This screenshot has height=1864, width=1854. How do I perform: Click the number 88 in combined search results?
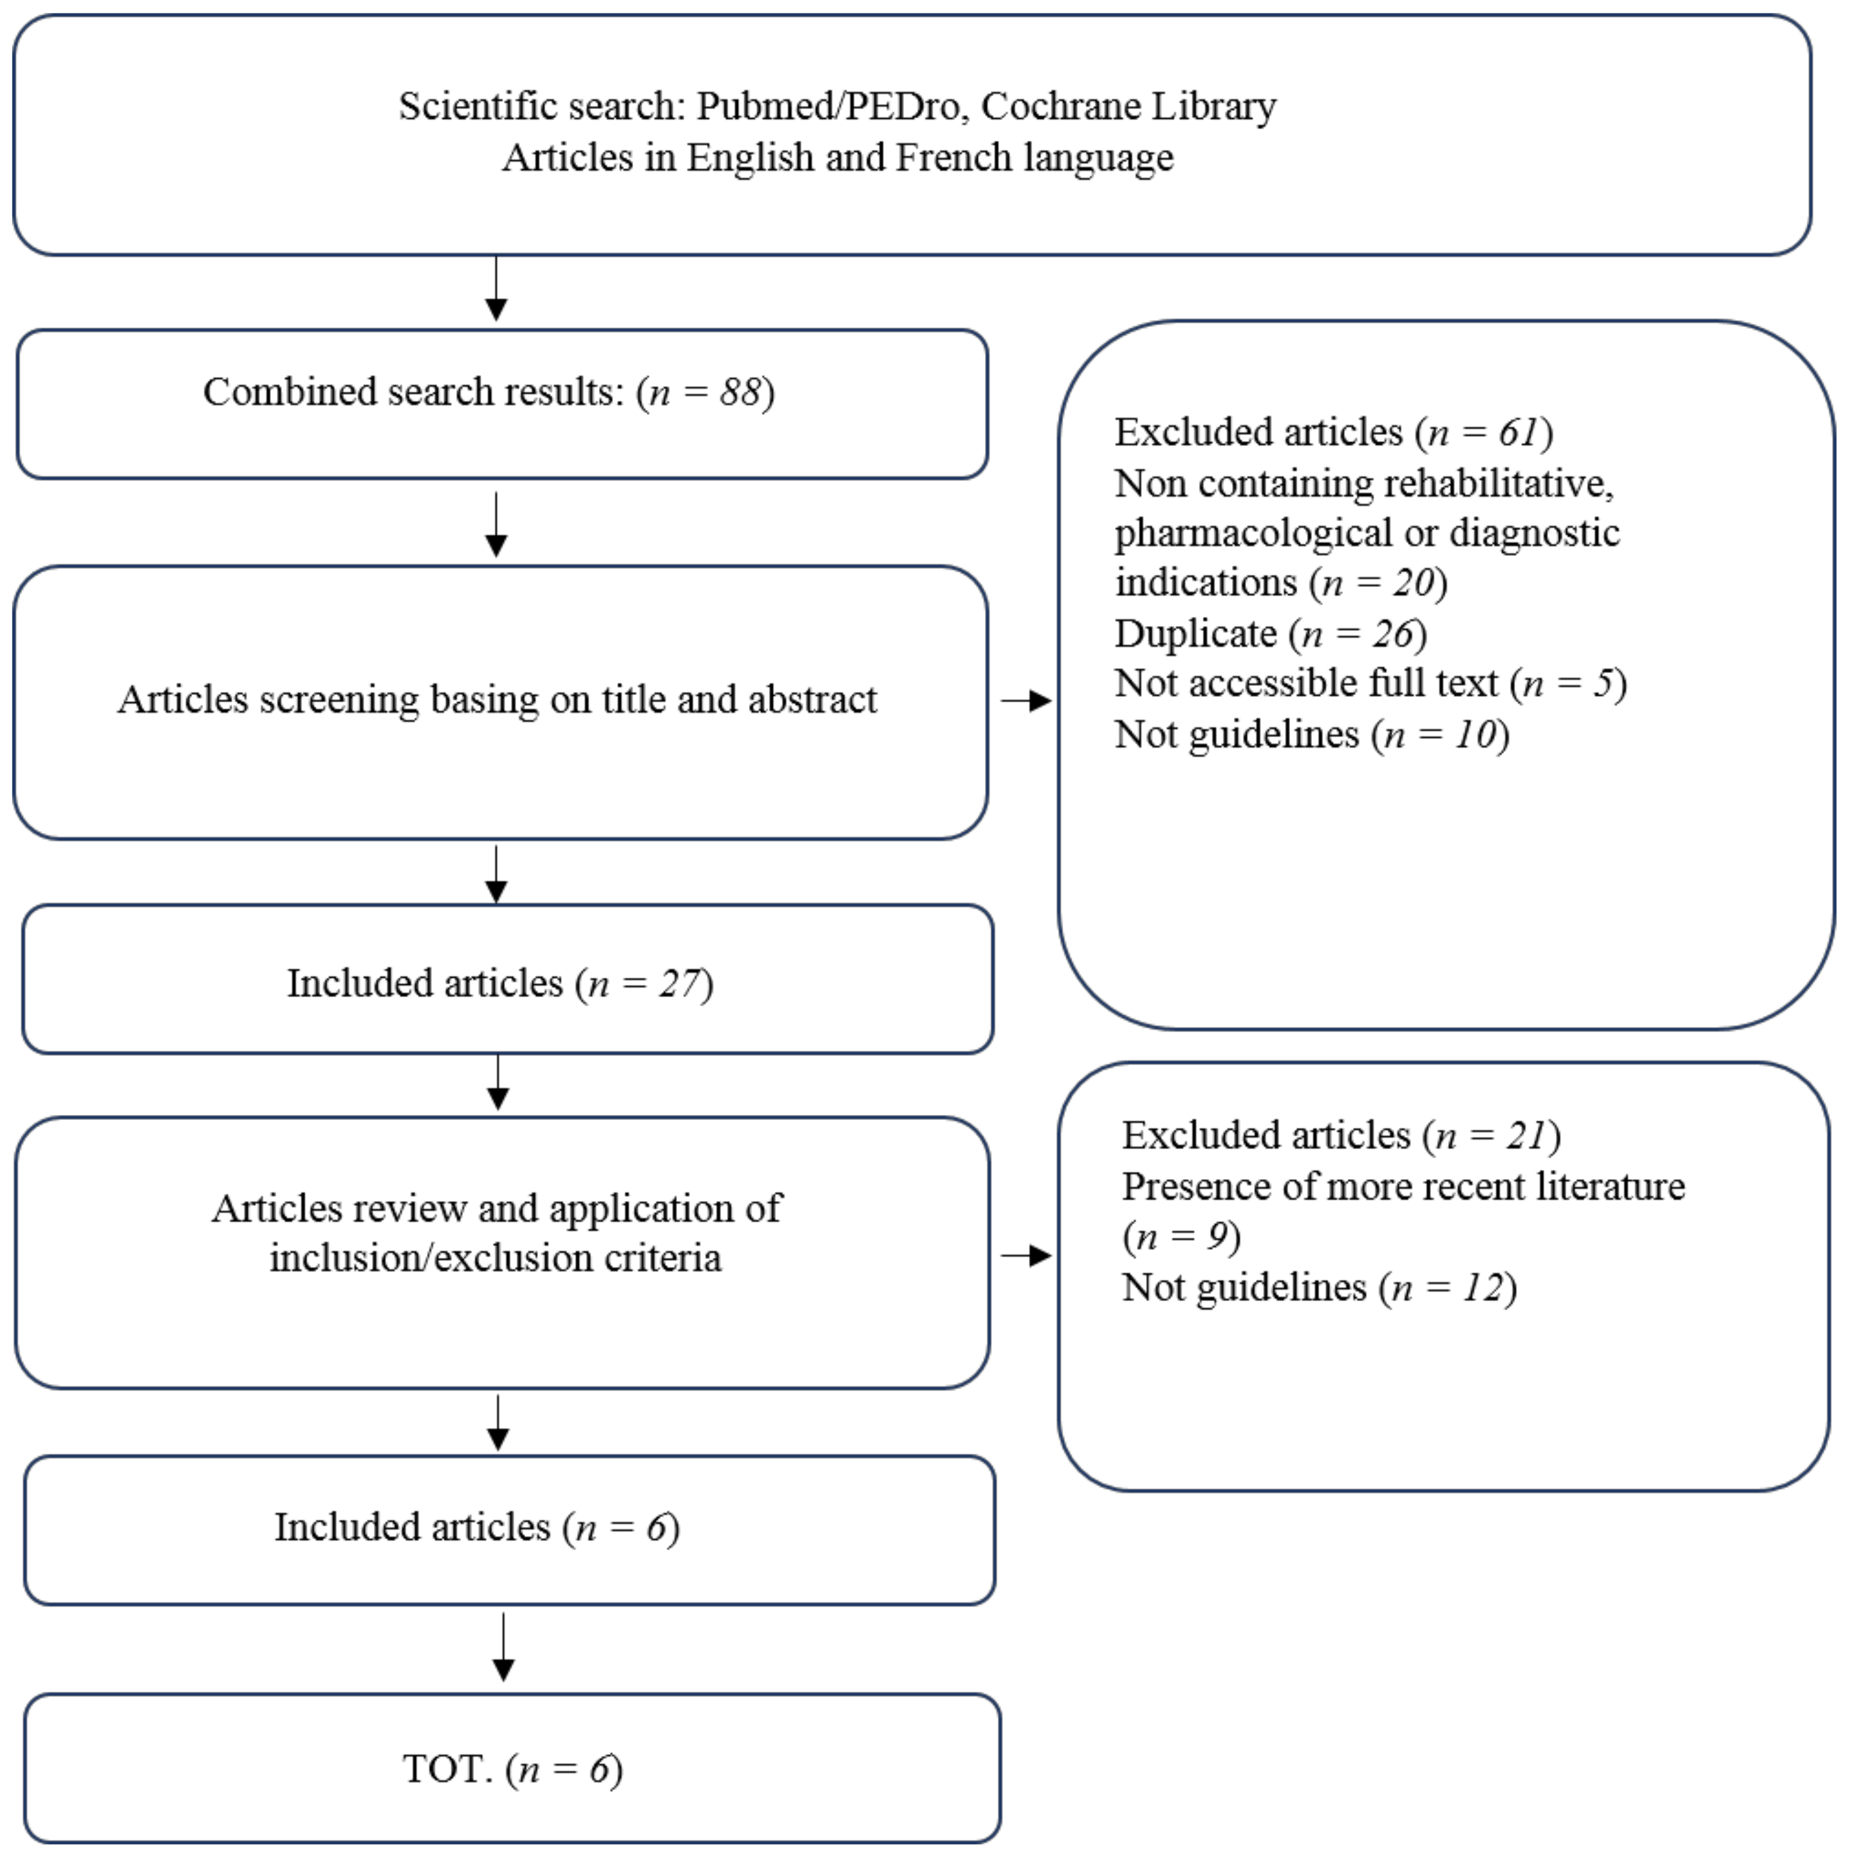(740, 393)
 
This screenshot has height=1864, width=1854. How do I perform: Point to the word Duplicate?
(1195, 634)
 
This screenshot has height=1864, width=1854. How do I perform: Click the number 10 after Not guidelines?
(1475, 735)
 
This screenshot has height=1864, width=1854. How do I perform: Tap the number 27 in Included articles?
(679, 984)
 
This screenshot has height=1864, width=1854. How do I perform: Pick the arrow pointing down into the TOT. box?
(503, 1649)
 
